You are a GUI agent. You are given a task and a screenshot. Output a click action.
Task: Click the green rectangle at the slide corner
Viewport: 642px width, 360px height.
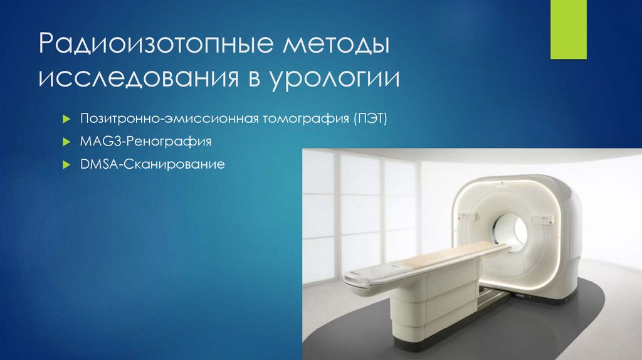[x=567, y=29]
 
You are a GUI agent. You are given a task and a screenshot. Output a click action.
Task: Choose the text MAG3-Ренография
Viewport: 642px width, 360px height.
[x=145, y=142]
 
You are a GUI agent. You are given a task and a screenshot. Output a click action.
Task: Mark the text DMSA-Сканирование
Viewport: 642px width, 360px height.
[x=152, y=166]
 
